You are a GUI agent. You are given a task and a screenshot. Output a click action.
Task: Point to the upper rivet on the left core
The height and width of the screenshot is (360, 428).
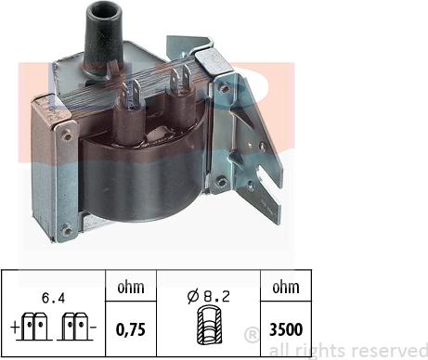[x=66, y=135]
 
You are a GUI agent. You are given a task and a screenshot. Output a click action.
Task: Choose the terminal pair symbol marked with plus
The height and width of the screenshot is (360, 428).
[x=38, y=326]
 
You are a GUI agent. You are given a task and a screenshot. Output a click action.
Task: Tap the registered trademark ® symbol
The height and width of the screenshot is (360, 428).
[x=251, y=334]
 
